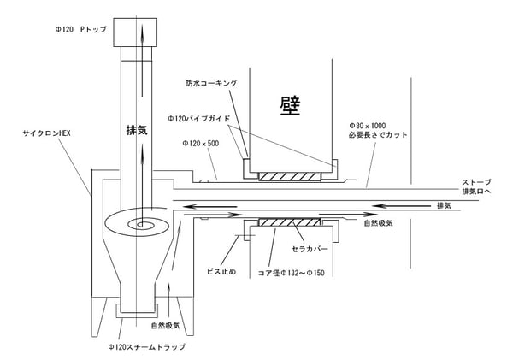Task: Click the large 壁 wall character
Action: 290,106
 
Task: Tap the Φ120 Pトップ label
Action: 81,29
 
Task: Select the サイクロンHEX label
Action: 46,133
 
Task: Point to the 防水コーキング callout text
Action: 211,83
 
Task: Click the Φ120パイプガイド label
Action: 199,119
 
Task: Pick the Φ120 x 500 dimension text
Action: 201,144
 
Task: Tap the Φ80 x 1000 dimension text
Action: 368,126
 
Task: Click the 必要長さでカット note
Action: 378,135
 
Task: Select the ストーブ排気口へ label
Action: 476,186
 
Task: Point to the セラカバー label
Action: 310,249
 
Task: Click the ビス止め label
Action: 221,271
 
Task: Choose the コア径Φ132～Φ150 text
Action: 292,273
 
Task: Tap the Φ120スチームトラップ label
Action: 146,347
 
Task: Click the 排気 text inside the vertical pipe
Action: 137,130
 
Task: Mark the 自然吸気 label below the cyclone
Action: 165,326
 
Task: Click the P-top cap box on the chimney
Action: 135,32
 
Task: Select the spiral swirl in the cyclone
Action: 138,222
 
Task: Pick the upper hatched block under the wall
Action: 290,176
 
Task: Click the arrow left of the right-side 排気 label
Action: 402,206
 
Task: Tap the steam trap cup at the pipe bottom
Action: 137,310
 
